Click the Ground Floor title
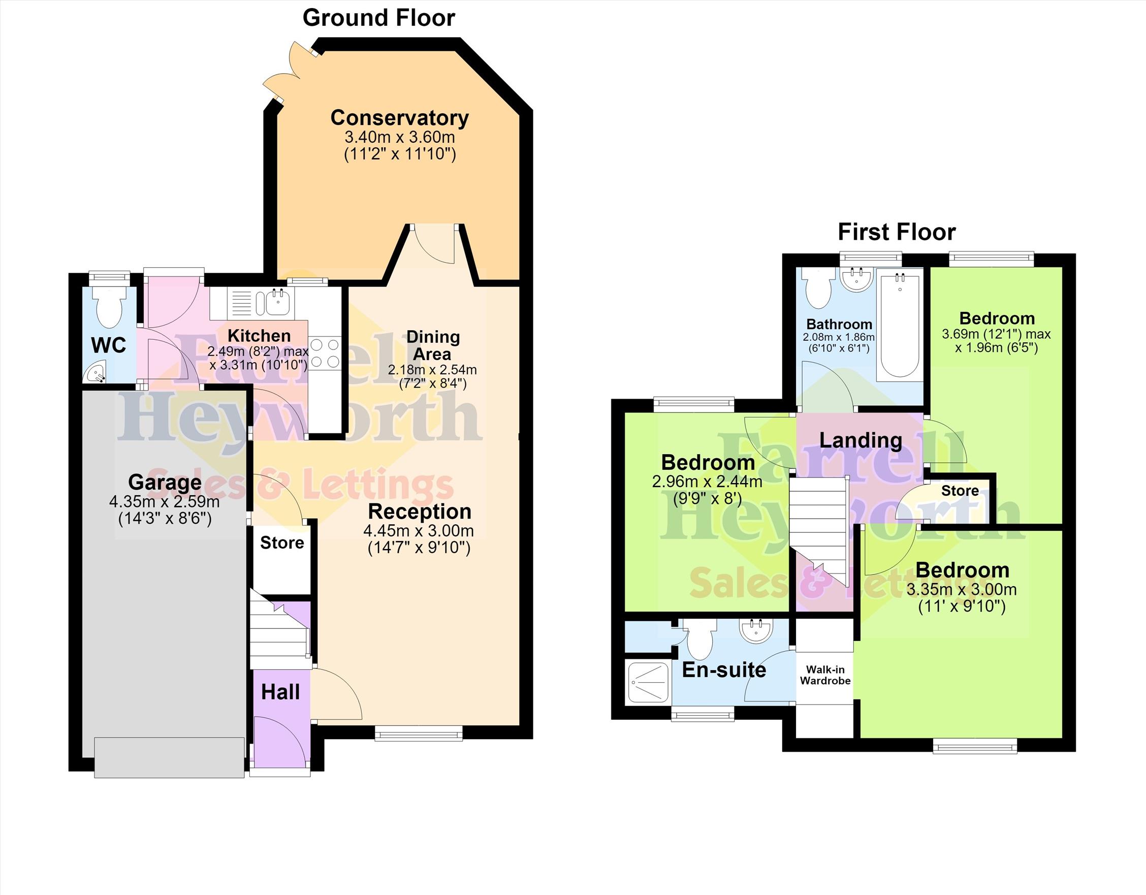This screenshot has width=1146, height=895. point(379,18)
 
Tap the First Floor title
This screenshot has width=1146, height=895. point(897,232)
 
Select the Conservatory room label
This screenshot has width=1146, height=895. point(399,117)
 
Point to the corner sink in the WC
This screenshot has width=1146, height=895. point(95,373)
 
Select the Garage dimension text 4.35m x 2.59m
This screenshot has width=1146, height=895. point(164,501)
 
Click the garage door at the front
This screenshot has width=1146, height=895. point(170,757)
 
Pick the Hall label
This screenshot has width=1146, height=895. point(281,692)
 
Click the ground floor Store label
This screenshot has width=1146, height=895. point(282,542)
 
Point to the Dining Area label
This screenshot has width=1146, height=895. point(433,345)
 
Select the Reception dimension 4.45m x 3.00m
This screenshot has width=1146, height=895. point(419,531)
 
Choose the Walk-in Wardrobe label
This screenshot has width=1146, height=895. point(825,675)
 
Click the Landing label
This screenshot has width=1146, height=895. point(861,441)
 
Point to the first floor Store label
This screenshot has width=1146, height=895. point(960,491)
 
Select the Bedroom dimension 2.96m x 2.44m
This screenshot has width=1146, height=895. point(707,481)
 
